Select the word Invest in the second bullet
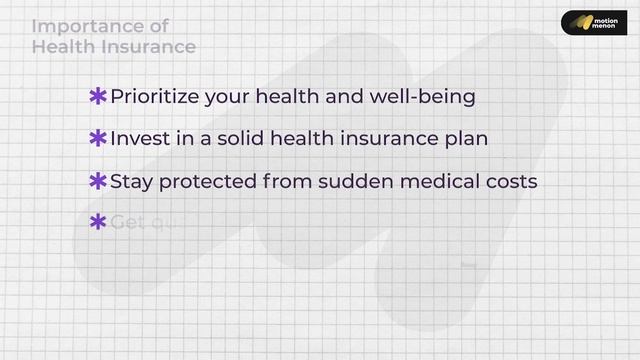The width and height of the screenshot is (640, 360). click(x=140, y=139)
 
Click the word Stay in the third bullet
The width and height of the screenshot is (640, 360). click(x=131, y=181)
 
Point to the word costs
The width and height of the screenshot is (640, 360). click(x=511, y=181)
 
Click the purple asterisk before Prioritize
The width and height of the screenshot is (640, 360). click(x=98, y=97)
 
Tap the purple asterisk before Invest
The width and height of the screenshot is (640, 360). click(x=98, y=139)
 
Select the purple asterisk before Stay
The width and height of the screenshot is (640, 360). click(x=98, y=181)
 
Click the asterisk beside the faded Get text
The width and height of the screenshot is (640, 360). click(x=98, y=222)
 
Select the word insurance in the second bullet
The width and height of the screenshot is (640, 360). click(x=364, y=139)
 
